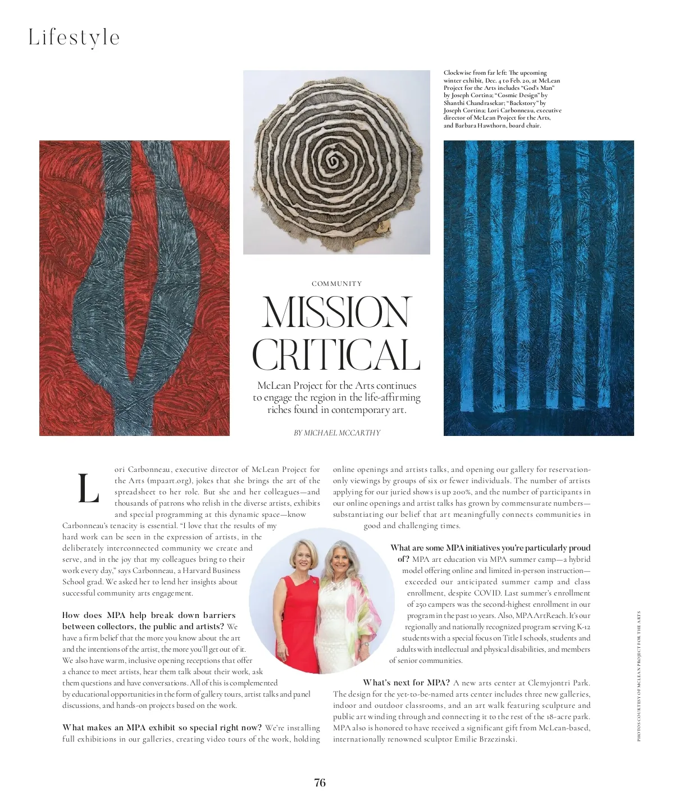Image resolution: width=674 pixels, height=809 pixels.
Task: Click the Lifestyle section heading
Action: (x=74, y=38)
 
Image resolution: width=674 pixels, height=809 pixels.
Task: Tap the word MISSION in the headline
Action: (x=336, y=312)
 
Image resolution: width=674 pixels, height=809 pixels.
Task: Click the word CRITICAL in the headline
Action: (x=336, y=355)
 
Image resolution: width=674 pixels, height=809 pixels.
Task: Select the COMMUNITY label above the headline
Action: (x=336, y=284)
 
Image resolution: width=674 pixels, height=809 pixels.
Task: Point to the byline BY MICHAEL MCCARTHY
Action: (x=337, y=433)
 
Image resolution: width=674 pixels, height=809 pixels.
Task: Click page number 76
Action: (x=320, y=783)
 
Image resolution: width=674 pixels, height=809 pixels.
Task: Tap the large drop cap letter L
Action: (x=88, y=489)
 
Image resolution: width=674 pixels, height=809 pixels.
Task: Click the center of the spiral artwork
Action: (x=335, y=161)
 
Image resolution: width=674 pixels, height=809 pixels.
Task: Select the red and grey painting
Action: (x=134, y=288)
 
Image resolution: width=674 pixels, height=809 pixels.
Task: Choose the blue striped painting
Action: (x=538, y=288)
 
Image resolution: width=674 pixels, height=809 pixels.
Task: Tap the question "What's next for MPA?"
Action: (x=406, y=683)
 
